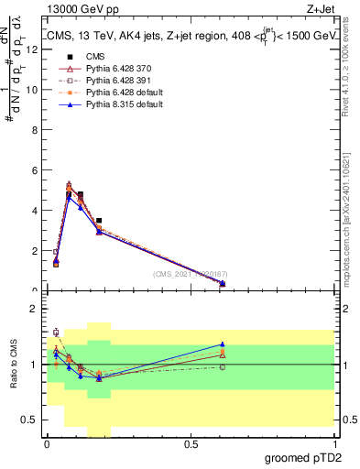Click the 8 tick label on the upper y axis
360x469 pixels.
point(35,130)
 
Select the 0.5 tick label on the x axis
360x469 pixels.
point(191,443)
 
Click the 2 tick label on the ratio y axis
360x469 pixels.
point(35,309)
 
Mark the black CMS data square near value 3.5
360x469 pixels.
point(99,221)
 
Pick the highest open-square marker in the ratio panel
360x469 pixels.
point(56,332)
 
